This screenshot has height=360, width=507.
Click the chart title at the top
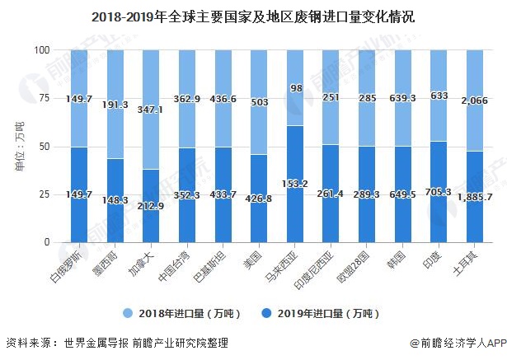(x=253, y=16)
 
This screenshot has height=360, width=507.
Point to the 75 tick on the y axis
(x=42, y=98)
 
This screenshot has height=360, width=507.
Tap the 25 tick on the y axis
(x=42, y=194)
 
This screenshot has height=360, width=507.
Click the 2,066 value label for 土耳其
(x=475, y=100)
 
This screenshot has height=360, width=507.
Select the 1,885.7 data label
(x=475, y=198)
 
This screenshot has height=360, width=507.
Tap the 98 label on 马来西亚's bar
(x=296, y=88)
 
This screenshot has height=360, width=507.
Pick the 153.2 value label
(x=296, y=183)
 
